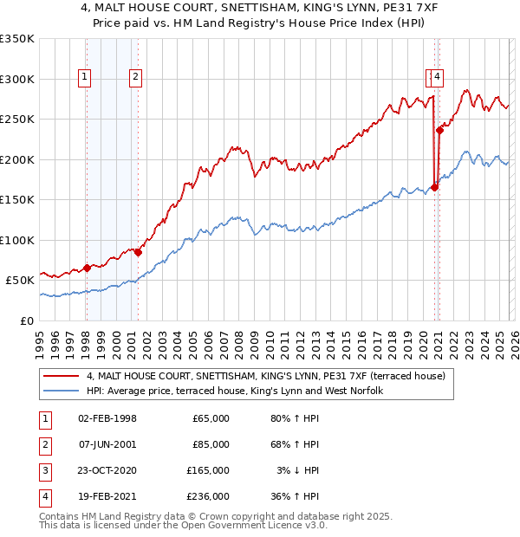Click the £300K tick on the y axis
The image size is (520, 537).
(x=17, y=79)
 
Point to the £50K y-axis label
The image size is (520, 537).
(x=20, y=280)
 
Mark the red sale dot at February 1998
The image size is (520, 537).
(x=87, y=268)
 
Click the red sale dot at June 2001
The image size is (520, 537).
(x=138, y=252)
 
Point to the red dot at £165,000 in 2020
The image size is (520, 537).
(x=434, y=187)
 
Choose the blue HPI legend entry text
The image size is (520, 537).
(x=234, y=391)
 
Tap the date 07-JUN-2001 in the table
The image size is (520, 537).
(x=107, y=444)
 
